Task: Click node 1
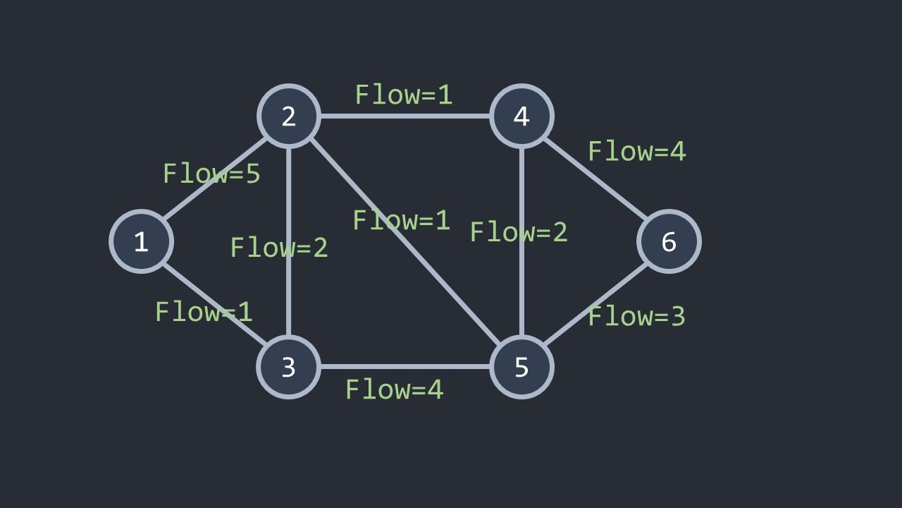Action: coord(141,241)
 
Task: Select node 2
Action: coord(289,116)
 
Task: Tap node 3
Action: coord(289,367)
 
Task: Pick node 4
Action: coord(521,116)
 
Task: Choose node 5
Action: coord(521,367)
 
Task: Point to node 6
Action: coord(669,241)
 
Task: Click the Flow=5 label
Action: coord(211,174)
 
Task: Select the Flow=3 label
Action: coord(636,316)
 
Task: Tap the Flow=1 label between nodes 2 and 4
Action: coord(403,95)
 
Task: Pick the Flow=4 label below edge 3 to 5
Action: coord(394,389)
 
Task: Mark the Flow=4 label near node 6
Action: coord(636,151)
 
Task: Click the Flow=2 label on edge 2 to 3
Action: coord(279,247)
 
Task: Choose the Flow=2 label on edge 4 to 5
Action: coord(519,232)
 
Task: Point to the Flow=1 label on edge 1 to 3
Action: coord(204,312)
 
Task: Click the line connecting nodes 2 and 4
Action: coord(405,116)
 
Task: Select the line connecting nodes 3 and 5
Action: coord(405,367)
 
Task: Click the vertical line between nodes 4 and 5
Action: coord(521,296)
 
